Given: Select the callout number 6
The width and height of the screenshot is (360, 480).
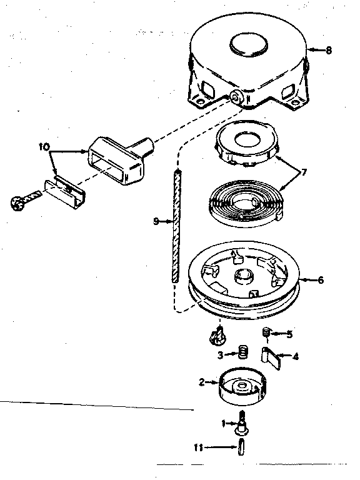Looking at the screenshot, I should pos(321,280).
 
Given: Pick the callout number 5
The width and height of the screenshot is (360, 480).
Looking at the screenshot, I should pos(289,333).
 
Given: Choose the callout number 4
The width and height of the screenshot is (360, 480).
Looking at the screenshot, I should pos(296,357).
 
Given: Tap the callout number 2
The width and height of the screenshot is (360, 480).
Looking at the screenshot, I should pos(201,381).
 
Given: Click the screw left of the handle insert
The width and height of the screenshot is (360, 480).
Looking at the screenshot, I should pos(19,201).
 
